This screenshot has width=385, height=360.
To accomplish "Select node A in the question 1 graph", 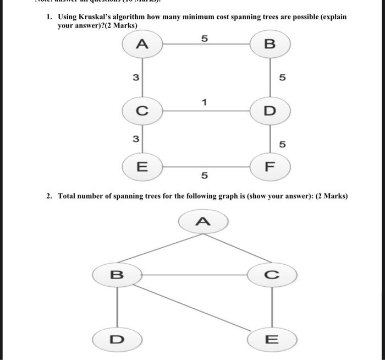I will click(142, 45).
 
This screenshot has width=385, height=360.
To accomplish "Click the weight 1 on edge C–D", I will click(204, 102).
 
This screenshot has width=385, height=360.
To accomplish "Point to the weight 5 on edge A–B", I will click(204, 39).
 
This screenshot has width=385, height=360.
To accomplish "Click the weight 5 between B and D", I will click(282, 78).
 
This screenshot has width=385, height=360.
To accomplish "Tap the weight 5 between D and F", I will click(282, 144).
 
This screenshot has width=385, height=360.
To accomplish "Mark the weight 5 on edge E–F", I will click(204, 176).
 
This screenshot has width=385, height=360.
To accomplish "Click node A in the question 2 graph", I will click(204, 221).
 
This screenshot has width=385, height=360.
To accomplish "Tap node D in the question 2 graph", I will click(117, 337).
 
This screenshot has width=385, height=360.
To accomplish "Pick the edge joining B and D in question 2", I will click(117, 306).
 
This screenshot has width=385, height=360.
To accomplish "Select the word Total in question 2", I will click(69, 196).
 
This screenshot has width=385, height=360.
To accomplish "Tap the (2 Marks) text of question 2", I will click(332, 196).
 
